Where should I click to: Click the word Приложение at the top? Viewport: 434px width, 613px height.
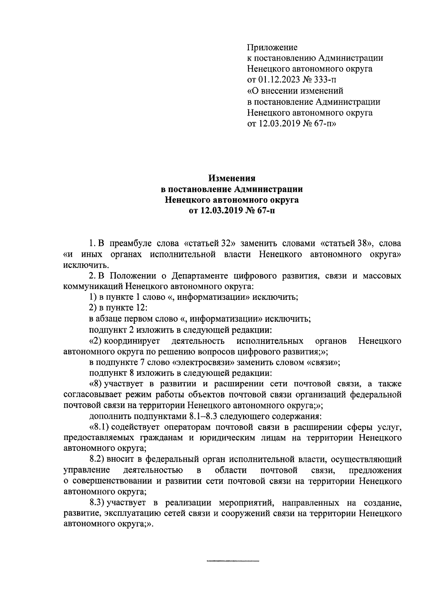tap(272, 47)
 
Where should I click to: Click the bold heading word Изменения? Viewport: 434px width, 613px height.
tap(232, 178)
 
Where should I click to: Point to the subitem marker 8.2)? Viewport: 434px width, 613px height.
tap(97, 460)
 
